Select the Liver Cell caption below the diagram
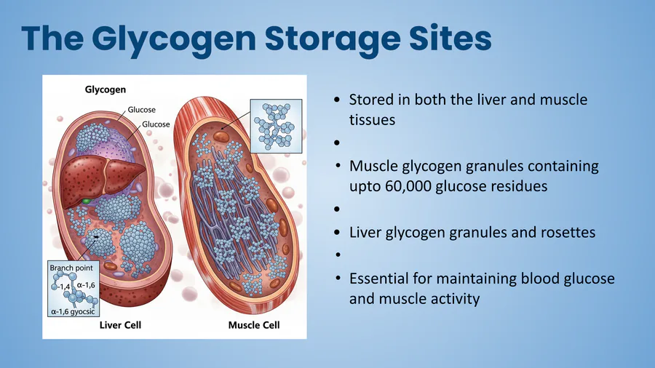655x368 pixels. pos(120,325)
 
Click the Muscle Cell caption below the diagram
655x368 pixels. pos(254,325)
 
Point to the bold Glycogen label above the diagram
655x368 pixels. pos(106,89)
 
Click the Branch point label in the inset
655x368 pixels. pos(71,268)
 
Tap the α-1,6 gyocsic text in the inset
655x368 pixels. pos(73,311)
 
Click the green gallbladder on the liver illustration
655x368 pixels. pos(86,201)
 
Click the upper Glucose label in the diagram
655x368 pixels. pos(142,110)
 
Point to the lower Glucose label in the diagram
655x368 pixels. pos(156,124)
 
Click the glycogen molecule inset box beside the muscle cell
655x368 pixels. pos(276,126)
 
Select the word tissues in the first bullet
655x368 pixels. pos(372,120)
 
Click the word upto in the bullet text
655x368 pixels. pos(365,187)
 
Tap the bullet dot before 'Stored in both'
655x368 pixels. pos(337,100)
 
